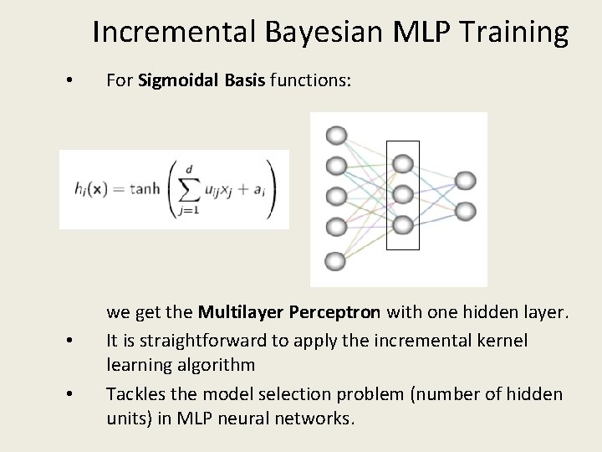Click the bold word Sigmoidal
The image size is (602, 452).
tap(176, 81)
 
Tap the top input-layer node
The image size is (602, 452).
tap(336, 136)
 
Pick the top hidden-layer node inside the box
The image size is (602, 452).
tap(403, 163)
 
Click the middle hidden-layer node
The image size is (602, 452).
tap(403, 194)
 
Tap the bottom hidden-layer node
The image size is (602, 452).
tap(403, 224)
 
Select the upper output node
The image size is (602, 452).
tap(465, 180)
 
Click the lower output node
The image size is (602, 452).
tap(465, 210)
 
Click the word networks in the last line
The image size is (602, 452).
tap(313, 417)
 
